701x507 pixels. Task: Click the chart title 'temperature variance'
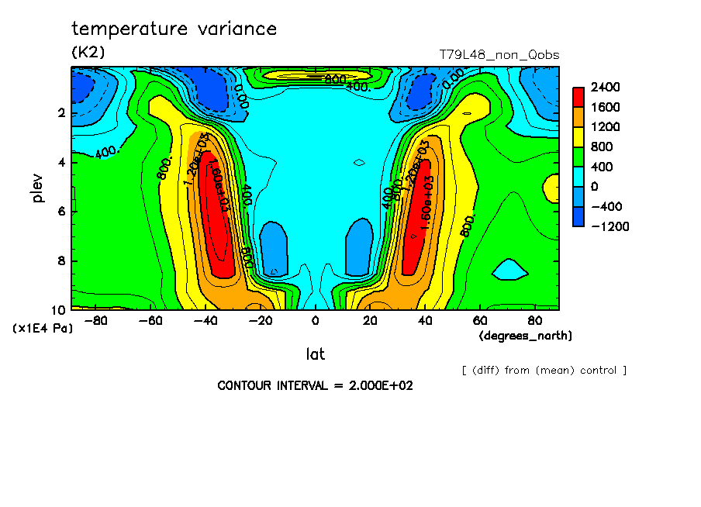[174, 29]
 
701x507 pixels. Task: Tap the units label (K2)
[88, 52]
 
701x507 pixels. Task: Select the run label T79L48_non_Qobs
[499, 55]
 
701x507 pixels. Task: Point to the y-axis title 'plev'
[37, 187]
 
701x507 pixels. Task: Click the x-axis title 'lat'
[315, 354]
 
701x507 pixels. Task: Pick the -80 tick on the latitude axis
[95, 320]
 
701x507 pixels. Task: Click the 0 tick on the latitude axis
[315, 320]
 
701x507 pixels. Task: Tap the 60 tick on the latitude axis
[480, 320]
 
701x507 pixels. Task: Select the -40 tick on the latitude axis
[205, 320]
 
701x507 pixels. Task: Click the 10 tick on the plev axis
[57, 309]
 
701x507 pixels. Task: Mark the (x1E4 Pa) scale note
[43, 329]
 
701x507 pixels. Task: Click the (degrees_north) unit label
[525, 336]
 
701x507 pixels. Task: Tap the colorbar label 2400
[605, 87]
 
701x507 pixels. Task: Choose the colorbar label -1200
[609, 226]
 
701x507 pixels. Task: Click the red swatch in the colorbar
[578, 96]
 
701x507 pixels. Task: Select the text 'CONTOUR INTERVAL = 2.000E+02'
[315, 385]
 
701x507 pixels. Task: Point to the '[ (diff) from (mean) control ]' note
[544, 370]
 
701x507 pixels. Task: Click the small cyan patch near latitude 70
[509, 269]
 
